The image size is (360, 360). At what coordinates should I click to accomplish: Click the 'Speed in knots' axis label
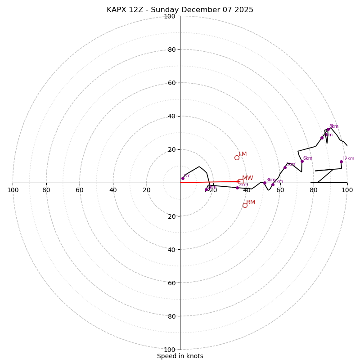[x=180, y=356]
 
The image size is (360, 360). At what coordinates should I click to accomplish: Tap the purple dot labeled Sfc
[x=183, y=178]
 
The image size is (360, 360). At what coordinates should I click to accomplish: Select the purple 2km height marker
[x=237, y=188]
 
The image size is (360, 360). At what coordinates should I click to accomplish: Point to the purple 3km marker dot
[x=265, y=183]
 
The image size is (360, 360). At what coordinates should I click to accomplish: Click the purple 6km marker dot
[x=302, y=161]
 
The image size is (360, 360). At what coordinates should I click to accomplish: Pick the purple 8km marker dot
[x=328, y=129]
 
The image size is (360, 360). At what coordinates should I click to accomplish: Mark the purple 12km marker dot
[x=341, y=162]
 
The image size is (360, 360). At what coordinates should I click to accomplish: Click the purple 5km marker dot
[x=285, y=167]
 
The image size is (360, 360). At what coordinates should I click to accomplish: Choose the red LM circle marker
[x=237, y=157]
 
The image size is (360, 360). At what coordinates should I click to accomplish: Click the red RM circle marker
[x=245, y=205]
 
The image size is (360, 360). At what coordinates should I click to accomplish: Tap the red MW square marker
[x=241, y=181]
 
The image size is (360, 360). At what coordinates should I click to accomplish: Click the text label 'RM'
[x=251, y=202]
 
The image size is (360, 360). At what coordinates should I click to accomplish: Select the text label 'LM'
[x=243, y=154]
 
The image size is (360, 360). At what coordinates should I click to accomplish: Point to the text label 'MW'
[x=247, y=178]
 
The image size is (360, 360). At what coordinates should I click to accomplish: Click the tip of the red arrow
[x=240, y=181]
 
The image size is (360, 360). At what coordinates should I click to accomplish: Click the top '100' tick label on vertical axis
[x=170, y=16]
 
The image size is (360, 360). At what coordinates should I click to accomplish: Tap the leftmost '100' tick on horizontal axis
[x=13, y=190]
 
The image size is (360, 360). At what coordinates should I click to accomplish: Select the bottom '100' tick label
[x=170, y=350]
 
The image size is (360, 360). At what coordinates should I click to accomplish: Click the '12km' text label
[x=348, y=158]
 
